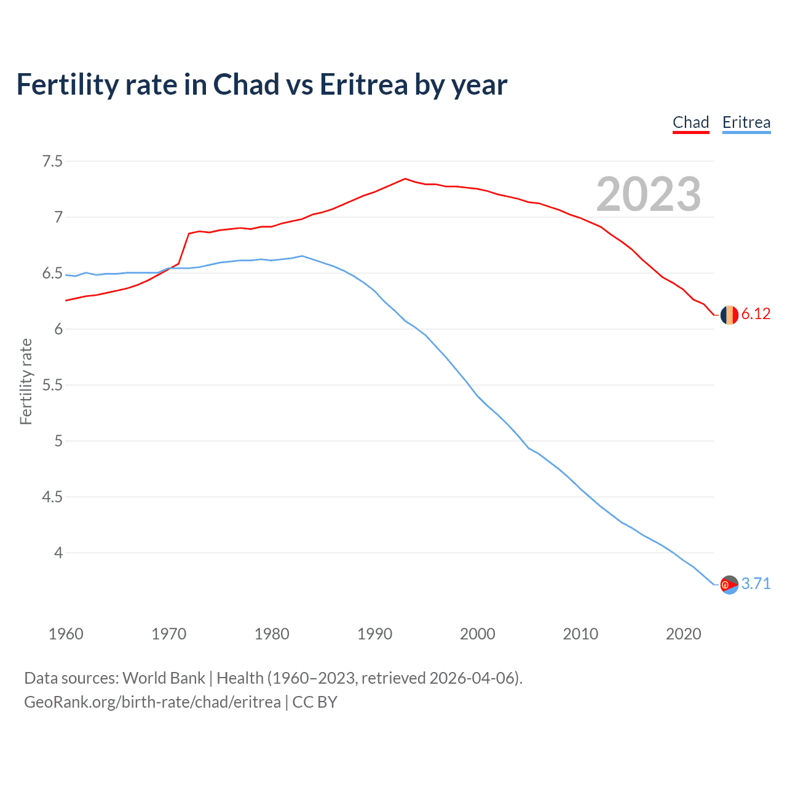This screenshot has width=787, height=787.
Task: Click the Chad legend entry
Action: coord(690,122)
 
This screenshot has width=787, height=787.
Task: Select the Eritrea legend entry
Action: coord(746,122)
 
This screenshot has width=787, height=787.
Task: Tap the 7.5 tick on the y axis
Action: coord(52,162)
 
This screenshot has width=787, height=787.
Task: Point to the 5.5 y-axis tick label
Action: coord(52,386)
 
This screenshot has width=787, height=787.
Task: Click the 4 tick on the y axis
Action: coord(58,553)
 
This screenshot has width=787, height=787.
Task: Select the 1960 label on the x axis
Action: coord(66,634)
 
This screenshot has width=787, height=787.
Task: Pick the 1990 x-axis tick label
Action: coord(374,634)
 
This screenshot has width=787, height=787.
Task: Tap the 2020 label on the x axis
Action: coord(683,634)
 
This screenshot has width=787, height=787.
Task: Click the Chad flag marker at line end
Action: coord(729,314)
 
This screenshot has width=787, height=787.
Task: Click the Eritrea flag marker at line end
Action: coord(729,585)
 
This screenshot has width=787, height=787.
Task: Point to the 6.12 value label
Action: coord(756,314)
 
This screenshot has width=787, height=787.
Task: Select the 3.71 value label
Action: coord(756,583)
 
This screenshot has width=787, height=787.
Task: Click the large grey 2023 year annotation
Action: coord(648,194)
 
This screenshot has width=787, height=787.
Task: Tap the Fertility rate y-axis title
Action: coord(26,381)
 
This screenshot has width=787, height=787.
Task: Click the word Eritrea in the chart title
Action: coord(363,85)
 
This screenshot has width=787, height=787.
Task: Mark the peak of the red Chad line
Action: coord(405,179)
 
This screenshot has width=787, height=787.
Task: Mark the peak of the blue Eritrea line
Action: coord(302,256)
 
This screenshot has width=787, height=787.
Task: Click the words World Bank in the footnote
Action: coord(164,678)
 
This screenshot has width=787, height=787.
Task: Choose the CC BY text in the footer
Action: coord(315,702)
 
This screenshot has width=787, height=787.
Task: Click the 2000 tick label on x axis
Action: coord(477,634)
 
